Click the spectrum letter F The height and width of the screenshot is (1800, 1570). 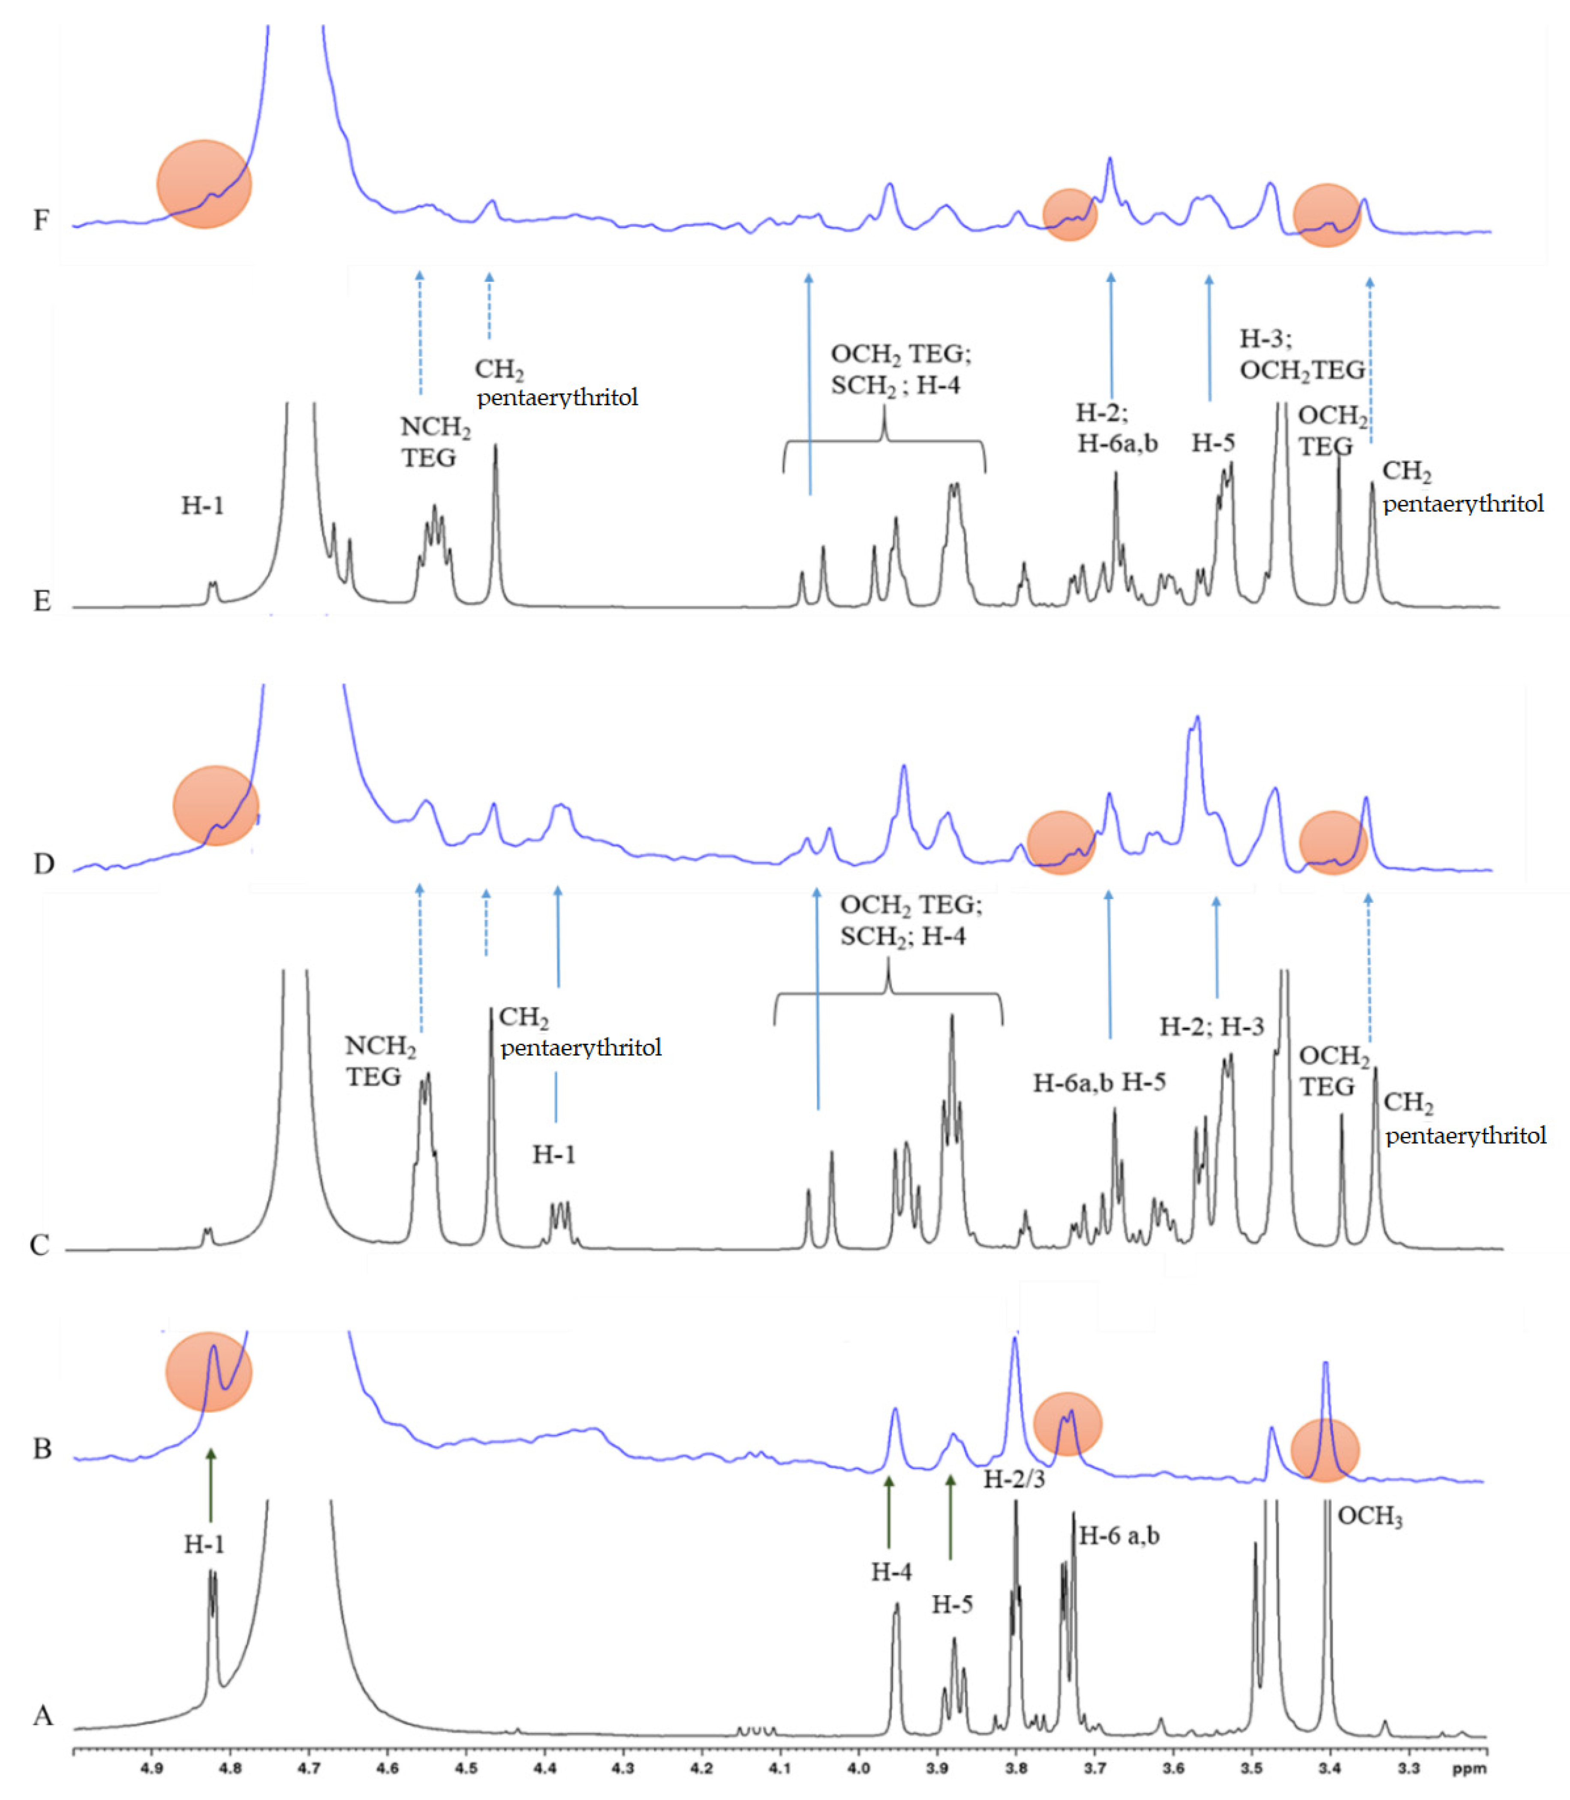click(41, 220)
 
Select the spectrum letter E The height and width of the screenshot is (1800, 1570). click(42, 601)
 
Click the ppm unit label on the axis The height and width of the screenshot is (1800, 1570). click(1468, 1768)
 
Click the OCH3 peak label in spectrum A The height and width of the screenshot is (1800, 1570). click(1369, 1516)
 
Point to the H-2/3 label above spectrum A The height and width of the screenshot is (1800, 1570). click(1014, 1479)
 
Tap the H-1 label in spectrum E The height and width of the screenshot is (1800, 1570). click(202, 505)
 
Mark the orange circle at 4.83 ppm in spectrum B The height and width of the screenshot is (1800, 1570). click(208, 1372)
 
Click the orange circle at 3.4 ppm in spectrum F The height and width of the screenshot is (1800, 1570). click(1326, 216)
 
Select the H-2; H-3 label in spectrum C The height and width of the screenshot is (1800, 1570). click(1212, 1027)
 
